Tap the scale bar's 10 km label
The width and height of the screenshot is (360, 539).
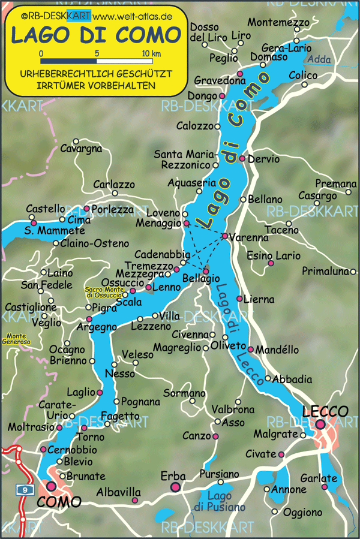(151, 54)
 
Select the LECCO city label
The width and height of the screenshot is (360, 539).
(325, 412)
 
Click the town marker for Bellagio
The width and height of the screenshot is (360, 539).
(206, 271)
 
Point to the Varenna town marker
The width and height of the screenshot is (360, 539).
(225, 236)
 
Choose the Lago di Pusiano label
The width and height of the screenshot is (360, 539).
(222, 501)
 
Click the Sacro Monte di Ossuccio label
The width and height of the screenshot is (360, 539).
(103, 293)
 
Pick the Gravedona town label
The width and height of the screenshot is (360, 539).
(220, 80)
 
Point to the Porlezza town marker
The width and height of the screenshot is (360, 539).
(87, 209)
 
